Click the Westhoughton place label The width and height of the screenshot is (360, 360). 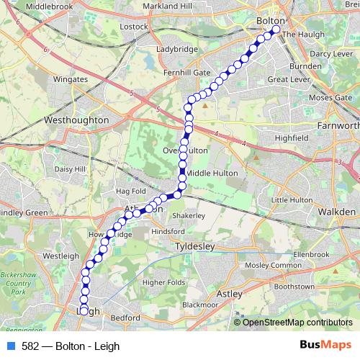(76, 120)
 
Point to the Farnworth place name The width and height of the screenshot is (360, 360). (338, 126)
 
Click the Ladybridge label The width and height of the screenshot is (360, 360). (176, 50)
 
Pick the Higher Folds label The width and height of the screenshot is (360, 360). (164, 282)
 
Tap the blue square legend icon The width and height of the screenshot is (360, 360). (11, 345)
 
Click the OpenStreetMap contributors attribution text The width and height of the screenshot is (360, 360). (298, 322)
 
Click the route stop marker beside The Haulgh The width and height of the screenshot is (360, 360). (275, 30)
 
